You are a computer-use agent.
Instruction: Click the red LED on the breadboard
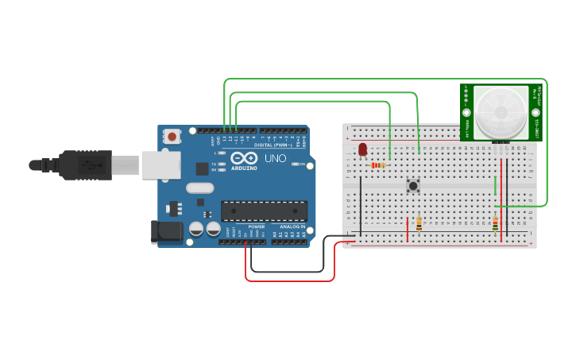pos(363,149)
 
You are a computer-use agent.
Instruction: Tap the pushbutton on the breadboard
pos(413,185)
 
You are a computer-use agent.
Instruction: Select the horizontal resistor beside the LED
pos(379,165)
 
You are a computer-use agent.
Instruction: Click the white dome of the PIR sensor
pos(501,111)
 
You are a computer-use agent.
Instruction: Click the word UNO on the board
pos(275,158)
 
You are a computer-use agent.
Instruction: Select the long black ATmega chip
pos(264,211)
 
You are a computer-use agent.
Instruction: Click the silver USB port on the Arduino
pos(160,165)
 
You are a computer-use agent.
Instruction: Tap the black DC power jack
pos(166,231)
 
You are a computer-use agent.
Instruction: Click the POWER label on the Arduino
pos(256,226)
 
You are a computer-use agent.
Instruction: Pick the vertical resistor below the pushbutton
pos(419,225)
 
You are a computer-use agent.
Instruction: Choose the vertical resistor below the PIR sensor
pos(495,224)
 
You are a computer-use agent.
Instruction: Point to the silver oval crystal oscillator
pos(200,188)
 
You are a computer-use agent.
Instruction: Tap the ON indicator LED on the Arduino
pos(296,164)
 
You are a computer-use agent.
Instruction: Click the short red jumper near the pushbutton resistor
pos(408,229)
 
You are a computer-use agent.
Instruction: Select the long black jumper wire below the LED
pos(360,205)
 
